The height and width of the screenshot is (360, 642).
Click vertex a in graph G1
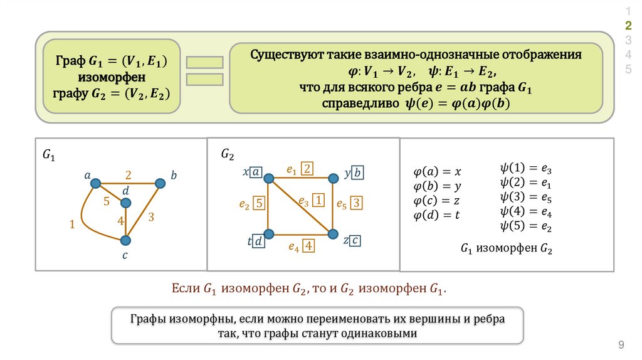pyautogui.click(x=95, y=183)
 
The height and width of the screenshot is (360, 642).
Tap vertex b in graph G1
pyautogui.click(x=160, y=183)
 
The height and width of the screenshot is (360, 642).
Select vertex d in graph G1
pyautogui.click(x=126, y=203)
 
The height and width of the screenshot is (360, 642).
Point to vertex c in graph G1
pyautogui.click(x=126, y=240)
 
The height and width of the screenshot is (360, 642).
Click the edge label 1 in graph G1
pyautogui.click(x=73, y=223)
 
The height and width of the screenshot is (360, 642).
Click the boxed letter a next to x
pyautogui.click(x=256, y=172)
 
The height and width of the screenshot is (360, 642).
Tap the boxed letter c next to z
pyautogui.click(x=355, y=240)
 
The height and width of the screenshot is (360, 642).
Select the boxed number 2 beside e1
pyautogui.click(x=307, y=168)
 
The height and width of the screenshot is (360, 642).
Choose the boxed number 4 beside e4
pyautogui.click(x=308, y=246)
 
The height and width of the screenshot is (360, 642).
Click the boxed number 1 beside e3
pyautogui.click(x=318, y=201)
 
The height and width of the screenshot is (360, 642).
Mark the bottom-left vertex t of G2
pyautogui.click(x=269, y=234)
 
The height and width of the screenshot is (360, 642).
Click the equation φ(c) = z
pyautogui.click(x=436, y=201)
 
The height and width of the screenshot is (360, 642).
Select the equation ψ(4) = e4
pyautogui.click(x=525, y=211)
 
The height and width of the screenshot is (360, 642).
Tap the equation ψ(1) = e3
pyautogui.click(x=525, y=169)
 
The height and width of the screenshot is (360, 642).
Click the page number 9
pyautogui.click(x=621, y=344)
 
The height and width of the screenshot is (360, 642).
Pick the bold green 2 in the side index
pyautogui.click(x=628, y=25)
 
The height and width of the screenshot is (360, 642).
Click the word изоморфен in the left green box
pyautogui.click(x=112, y=78)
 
